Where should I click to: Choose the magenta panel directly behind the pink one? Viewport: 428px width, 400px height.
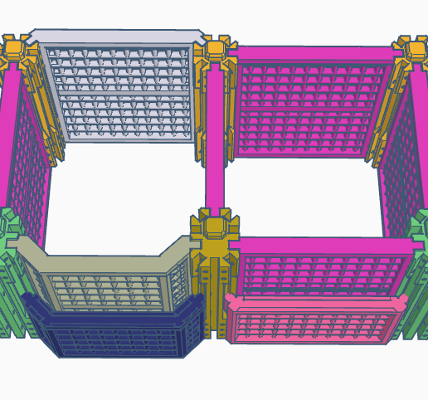point(319,270)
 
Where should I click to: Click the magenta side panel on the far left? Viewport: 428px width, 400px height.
point(25,166)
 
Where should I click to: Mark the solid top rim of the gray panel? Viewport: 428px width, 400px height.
point(116,37)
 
